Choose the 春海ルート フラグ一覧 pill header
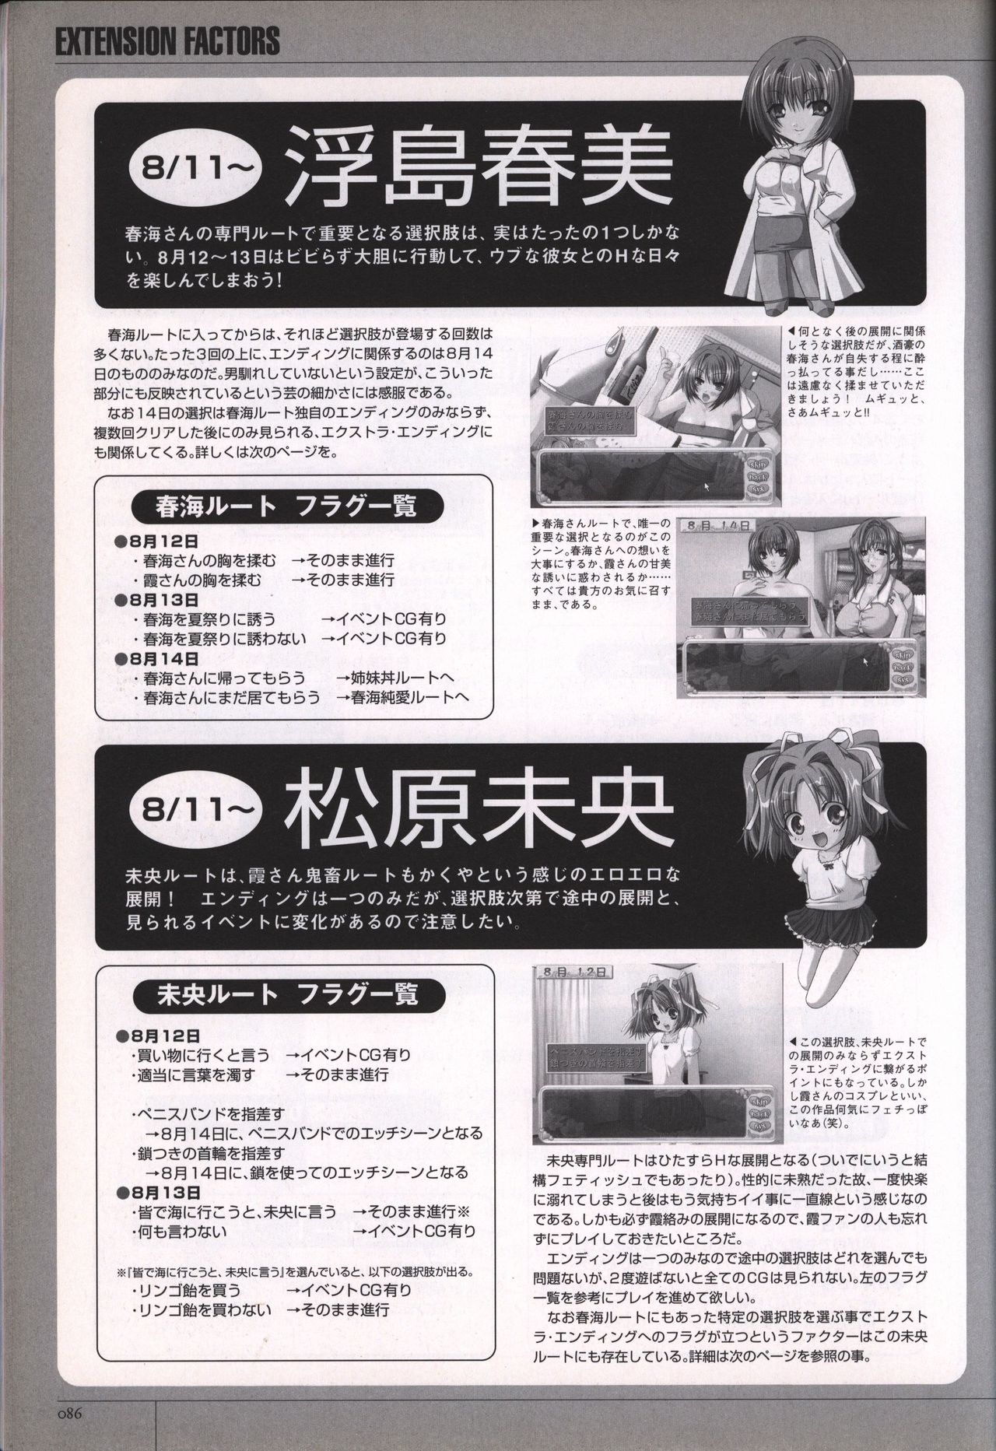tap(275, 507)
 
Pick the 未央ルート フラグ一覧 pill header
tap(275, 994)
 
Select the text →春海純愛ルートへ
tap(403, 698)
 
